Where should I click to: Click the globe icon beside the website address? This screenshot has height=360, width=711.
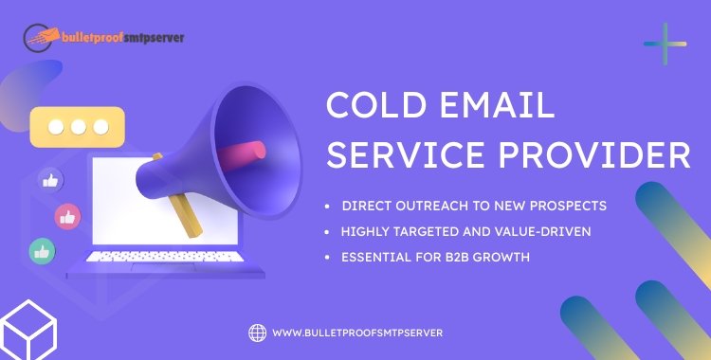pos(257,332)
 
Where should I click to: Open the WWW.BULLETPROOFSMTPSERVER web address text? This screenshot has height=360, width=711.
pos(357,333)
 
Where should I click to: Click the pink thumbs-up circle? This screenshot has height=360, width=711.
pos(67,215)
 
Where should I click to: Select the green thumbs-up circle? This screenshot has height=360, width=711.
pos(41,250)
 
